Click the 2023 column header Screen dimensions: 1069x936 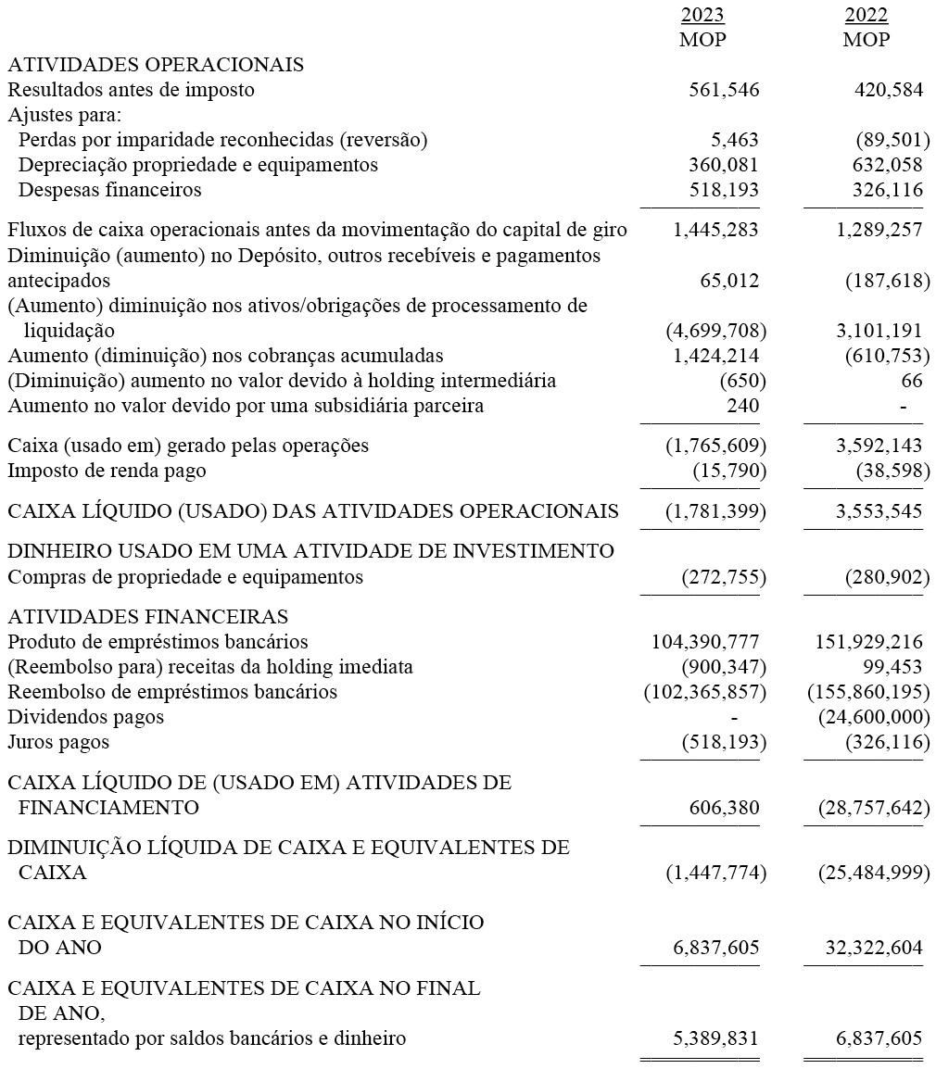(x=702, y=16)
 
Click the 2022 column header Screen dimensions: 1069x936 (x=866, y=16)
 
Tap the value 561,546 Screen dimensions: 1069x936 (x=724, y=90)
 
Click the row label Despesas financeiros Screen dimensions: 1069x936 (x=109, y=190)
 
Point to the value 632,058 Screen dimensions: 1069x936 (x=888, y=165)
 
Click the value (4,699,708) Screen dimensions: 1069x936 (x=715, y=331)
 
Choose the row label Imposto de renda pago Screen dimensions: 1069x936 (x=107, y=471)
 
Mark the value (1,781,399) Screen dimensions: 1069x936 (x=715, y=510)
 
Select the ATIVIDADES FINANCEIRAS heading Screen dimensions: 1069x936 (x=147, y=616)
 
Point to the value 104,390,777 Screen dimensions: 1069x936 (x=705, y=642)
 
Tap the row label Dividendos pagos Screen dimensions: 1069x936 (x=85, y=717)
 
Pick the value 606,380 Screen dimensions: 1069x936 (x=724, y=808)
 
